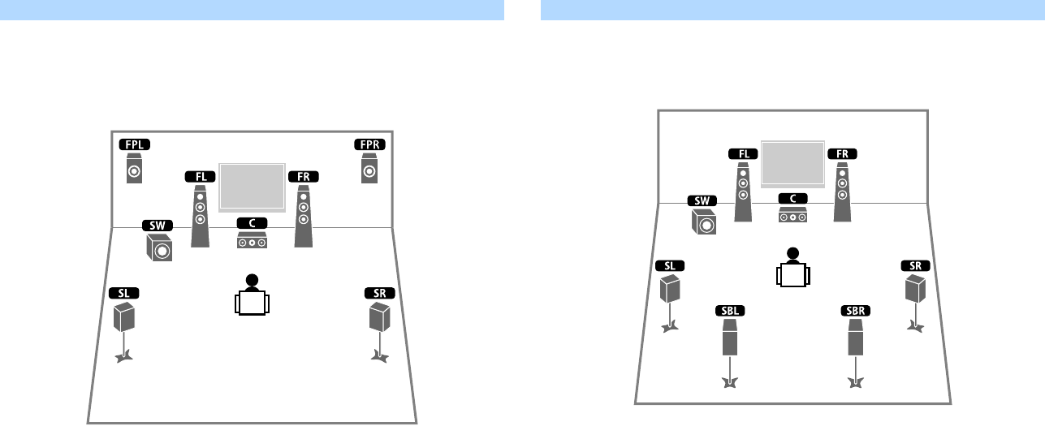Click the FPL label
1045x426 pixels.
point(134,144)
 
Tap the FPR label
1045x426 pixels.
point(369,144)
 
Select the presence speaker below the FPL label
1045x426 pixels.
point(134,171)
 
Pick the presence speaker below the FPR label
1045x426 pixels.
point(369,170)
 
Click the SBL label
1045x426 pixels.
point(729,311)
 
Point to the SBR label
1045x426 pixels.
point(855,311)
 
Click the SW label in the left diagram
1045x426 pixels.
point(157,225)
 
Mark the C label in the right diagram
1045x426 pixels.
point(792,198)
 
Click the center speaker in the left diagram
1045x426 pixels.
point(253,241)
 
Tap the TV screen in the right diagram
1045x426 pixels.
point(792,163)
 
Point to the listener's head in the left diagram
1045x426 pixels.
point(252,282)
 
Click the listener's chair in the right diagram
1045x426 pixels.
point(792,274)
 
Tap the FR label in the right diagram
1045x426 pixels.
point(842,153)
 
